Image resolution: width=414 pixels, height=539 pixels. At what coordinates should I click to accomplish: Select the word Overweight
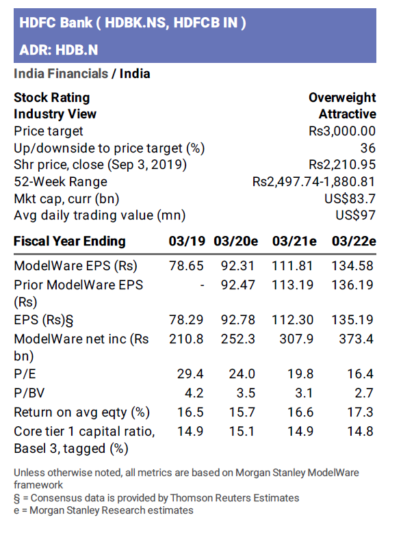(x=342, y=98)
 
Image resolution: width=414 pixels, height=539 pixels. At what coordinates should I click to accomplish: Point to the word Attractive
(x=347, y=114)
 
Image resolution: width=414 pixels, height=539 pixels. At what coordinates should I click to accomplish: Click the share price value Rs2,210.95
(x=342, y=165)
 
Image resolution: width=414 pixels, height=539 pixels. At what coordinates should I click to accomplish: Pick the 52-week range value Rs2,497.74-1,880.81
(x=314, y=182)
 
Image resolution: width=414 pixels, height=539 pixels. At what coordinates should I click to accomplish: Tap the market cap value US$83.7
(x=350, y=199)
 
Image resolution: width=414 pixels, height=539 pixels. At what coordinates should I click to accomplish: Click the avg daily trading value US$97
(x=356, y=215)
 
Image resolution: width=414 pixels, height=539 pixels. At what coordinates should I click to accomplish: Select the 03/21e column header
(x=294, y=241)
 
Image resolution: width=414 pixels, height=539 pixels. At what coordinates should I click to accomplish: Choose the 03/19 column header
(x=187, y=241)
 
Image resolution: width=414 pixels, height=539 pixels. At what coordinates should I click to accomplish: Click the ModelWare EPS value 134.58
(x=353, y=266)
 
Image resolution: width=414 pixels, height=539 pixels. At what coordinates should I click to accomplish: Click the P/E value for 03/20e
(x=242, y=374)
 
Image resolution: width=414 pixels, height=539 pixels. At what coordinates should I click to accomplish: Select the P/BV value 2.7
(x=364, y=393)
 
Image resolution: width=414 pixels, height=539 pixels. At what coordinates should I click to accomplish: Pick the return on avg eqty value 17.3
(x=361, y=412)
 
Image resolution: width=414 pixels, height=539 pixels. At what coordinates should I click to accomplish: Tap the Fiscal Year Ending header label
(x=70, y=241)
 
